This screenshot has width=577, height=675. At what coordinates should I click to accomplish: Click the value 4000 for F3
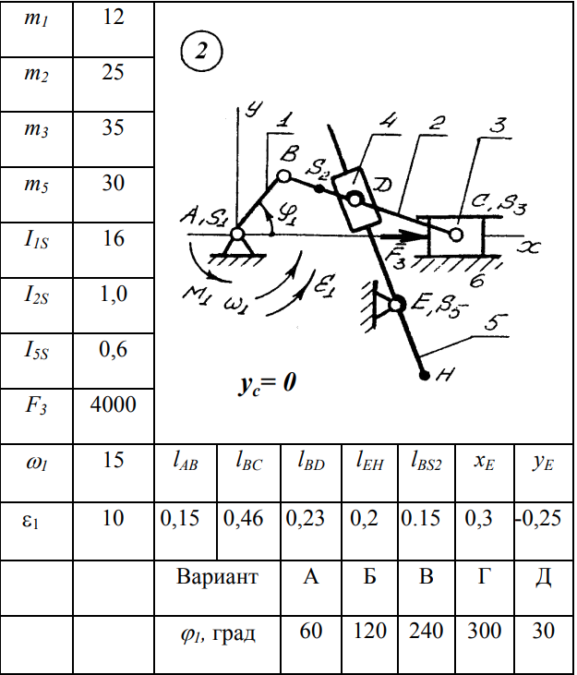click(x=114, y=404)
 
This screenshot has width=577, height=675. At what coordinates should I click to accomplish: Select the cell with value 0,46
click(x=245, y=519)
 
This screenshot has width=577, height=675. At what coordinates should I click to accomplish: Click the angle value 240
click(x=426, y=632)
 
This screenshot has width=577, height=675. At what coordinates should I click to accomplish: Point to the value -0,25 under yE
click(x=541, y=519)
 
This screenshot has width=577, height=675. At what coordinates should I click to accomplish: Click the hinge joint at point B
click(x=283, y=175)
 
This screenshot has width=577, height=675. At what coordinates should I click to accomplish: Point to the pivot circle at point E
click(x=397, y=304)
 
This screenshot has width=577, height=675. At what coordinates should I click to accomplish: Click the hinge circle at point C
click(x=456, y=235)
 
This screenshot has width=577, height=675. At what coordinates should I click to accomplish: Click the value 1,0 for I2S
click(x=114, y=295)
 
